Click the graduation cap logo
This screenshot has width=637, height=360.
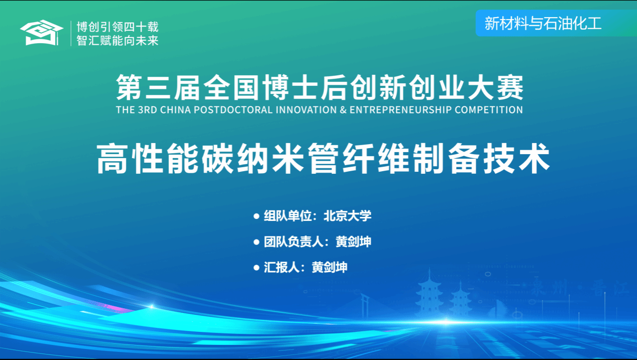tap(42, 33)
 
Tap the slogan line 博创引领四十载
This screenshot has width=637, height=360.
tap(118, 27)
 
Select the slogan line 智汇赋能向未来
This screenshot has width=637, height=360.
tap(118, 41)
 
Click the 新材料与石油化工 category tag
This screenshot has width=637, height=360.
tap(543, 23)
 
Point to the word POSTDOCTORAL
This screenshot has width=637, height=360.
tap(233, 110)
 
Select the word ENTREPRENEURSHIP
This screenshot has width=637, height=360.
tap(401, 110)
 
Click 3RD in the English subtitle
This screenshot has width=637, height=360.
tap(147, 110)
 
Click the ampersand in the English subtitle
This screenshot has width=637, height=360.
tap(343, 110)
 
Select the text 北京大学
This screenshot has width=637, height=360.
tap(348, 216)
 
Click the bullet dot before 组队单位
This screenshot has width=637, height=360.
tap(256, 216)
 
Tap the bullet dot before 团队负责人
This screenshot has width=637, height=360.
tap(256, 242)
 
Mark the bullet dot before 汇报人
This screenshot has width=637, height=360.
tap(256, 268)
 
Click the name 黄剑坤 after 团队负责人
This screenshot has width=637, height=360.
tap(354, 242)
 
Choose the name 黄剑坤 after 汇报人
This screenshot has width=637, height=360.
tap(330, 267)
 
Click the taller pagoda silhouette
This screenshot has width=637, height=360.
tap(430, 293)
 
